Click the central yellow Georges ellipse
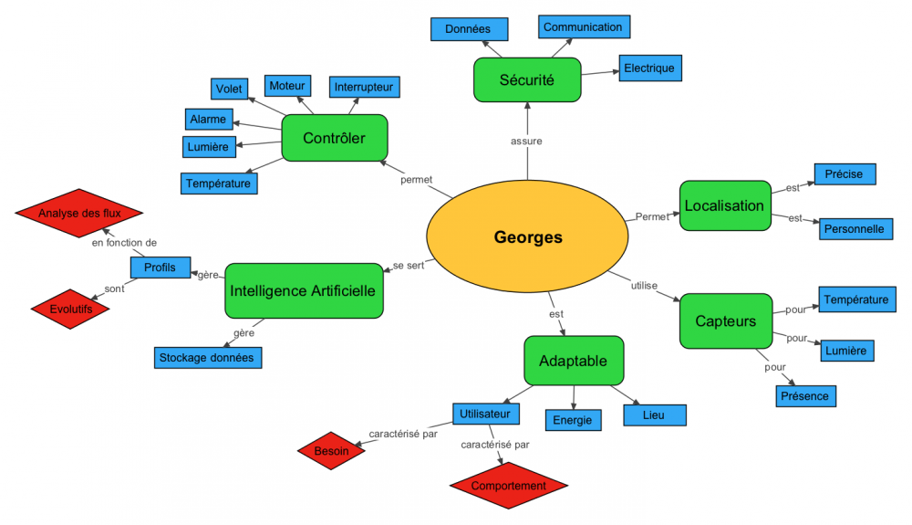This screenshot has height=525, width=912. [528, 237]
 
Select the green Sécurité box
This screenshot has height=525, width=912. [527, 79]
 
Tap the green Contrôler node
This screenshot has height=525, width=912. [335, 139]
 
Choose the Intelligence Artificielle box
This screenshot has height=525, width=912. [304, 291]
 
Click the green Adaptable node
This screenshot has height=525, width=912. [573, 361]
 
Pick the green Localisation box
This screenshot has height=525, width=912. [724, 205]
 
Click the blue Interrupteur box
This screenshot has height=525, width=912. [363, 87]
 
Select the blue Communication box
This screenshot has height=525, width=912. [583, 27]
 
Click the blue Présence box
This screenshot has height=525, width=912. [805, 396]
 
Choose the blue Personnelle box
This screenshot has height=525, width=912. [854, 228]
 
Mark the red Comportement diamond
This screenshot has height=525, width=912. [509, 486]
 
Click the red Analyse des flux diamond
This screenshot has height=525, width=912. [79, 214]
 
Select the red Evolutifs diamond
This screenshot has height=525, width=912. [69, 310]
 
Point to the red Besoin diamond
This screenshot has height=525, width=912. [331, 450]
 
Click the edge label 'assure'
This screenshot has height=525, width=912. [527, 141]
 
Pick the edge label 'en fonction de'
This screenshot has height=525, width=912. [124, 243]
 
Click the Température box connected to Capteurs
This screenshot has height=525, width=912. [855, 299]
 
